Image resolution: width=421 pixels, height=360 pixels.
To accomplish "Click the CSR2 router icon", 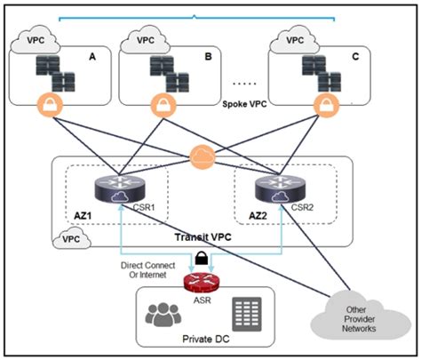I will click(x=277, y=189).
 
